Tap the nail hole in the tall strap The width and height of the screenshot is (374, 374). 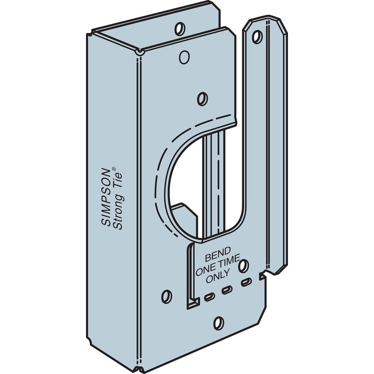click(x=258, y=36)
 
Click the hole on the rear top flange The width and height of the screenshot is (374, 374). click(x=178, y=30)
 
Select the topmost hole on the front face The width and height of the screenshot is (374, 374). click(x=184, y=58)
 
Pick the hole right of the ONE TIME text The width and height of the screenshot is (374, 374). click(x=243, y=267)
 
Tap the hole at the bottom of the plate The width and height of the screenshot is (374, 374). click(x=218, y=322)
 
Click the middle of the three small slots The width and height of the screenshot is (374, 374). click(x=227, y=289)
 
